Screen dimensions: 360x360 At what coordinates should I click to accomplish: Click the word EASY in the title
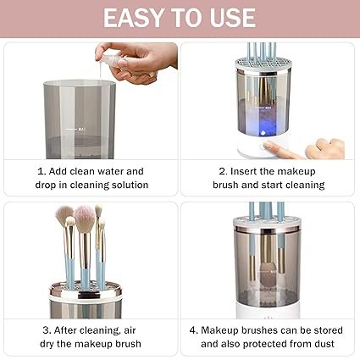[x=135, y=18]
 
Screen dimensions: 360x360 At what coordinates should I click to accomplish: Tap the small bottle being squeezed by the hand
[x=114, y=62]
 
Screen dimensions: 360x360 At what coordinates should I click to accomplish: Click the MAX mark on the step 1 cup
[x=82, y=130]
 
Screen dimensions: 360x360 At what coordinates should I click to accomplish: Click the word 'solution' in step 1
[x=130, y=185]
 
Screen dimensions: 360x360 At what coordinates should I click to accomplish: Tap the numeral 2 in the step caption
[x=222, y=171]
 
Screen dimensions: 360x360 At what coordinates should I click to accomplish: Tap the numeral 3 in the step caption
[x=46, y=330]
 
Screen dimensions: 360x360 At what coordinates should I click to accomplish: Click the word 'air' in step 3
[x=130, y=330]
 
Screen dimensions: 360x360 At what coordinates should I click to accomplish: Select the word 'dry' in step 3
[x=47, y=344]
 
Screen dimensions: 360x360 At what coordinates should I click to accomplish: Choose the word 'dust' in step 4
[x=324, y=344]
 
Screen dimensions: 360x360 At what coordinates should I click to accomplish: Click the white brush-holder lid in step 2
[x=263, y=64]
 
